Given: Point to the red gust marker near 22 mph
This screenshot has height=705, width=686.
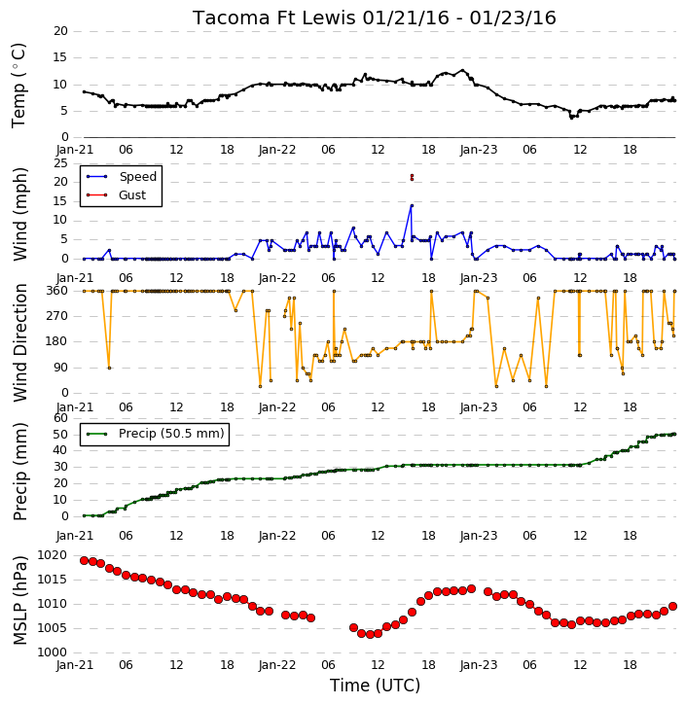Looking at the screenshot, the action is (x=412, y=176).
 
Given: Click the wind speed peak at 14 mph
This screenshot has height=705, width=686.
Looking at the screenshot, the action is (x=412, y=206).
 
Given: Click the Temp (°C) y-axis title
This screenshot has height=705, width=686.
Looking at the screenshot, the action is (x=18, y=86).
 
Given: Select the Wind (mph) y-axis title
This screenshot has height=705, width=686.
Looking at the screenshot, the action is (x=20, y=214).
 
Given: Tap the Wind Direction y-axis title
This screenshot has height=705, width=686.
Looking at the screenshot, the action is (x=20, y=342).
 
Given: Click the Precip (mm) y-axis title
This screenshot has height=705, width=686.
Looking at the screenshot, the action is (x=20, y=472).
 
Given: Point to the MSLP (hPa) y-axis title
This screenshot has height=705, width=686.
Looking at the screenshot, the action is (x=20, y=600).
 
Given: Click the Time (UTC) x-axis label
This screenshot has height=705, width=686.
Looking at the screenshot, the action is (x=375, y=686).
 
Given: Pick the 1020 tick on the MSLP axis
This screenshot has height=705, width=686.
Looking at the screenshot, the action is (x=53, y=555).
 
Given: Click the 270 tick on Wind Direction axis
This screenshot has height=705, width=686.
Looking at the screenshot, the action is (x=57, y=316).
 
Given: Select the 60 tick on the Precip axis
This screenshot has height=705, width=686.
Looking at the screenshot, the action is (x=60, y=418).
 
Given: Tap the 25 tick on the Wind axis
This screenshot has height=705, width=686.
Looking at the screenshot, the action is (x=60, y=163).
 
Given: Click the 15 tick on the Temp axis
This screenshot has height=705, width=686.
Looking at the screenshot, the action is (x=60, y=57).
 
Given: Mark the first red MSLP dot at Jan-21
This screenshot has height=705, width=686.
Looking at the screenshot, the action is (x=84, y=561).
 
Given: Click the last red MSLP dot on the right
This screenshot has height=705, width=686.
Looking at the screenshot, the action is (x=673, y=607).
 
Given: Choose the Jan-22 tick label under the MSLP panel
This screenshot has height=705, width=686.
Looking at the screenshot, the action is (x=277, y=665).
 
